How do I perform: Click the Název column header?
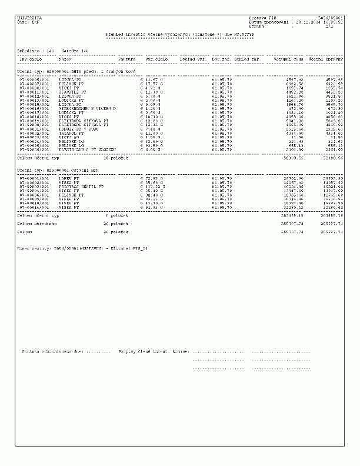[65, 59]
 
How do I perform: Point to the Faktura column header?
[127, 59]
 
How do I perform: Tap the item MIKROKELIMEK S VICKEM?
[87, 109]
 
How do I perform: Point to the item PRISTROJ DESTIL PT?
[81, 187]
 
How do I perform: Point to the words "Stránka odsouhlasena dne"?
[53, 351]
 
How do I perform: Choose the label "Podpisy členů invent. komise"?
[153, 351]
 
